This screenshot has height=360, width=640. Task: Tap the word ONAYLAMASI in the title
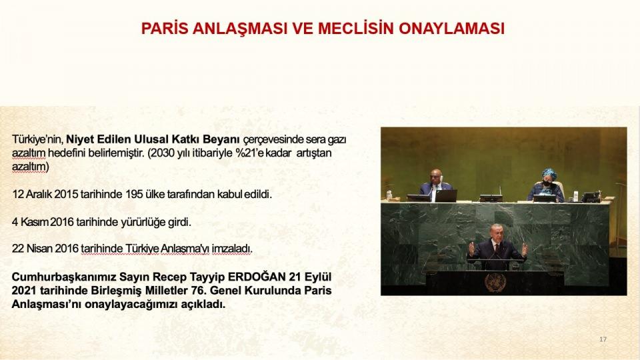[x=451, y=29]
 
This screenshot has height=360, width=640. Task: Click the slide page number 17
[x=603, y=339]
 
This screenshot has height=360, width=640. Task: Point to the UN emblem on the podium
[x=495, y=283]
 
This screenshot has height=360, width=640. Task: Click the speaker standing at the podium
[x=497, y=247]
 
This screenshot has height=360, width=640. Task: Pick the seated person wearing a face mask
[x=546, y=185]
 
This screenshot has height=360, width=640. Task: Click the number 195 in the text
[x=134, y=194]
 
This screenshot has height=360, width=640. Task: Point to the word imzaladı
[x=232, y=249]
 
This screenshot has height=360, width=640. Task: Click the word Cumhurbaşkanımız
[x=64, y=277]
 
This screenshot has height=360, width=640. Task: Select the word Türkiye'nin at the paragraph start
[x=37, y=139]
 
